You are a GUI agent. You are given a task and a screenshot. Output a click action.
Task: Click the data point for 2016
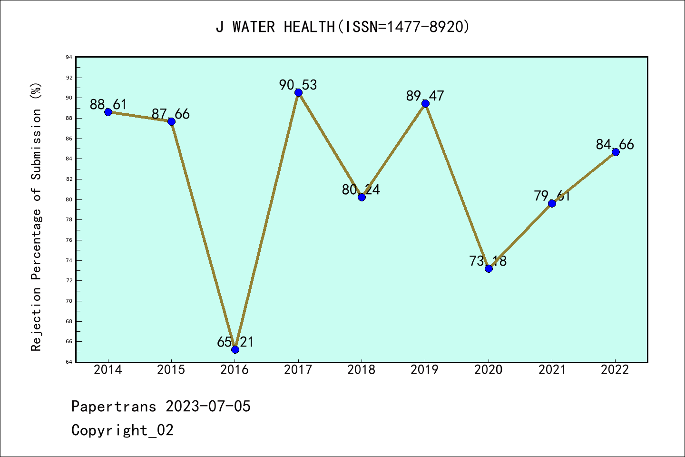[x=235, y=349]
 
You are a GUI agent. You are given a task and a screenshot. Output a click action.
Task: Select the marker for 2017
[x=298, y=92]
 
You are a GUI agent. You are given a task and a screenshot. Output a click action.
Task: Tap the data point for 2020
[x=489, y=268]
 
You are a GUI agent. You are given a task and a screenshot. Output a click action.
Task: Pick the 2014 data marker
[x=108, y=112]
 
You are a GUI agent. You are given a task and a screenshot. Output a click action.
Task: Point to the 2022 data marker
[x=616, y=152]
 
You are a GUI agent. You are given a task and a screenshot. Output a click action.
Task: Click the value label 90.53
[x=298, y=85]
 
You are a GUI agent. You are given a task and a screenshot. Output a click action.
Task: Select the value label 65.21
[x=235, y=342]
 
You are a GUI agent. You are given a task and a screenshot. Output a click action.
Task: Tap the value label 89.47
[x=425, y=96]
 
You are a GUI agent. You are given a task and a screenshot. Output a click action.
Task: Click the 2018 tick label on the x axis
[x=362, y=370]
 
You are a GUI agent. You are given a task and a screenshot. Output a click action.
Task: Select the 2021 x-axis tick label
[x=552, y=370]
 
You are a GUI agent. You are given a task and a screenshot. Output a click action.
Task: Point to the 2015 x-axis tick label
[x=171, y=370]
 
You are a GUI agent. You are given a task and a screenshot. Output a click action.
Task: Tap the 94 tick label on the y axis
[x=69, y=58]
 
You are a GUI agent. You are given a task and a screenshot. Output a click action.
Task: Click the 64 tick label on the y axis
[x=69, y=362]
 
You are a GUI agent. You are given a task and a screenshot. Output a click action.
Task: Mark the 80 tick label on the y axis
[x=69, y=199]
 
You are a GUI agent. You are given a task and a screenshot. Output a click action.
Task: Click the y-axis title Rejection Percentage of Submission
[x=36, y=217]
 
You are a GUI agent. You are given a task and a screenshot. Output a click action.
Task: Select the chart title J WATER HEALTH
[x=342, y=27]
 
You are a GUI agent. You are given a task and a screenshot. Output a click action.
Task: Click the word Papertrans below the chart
[x=114, y=407]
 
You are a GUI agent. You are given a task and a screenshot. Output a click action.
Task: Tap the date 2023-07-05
[x=208, y=407]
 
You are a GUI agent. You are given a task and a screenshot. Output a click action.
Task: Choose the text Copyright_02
[x=123, y=430]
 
